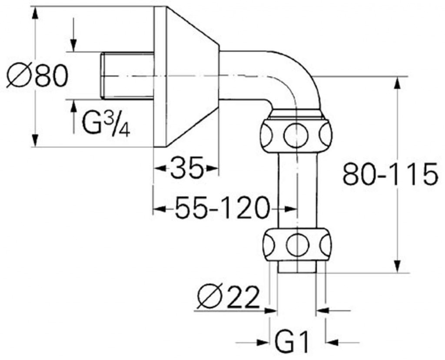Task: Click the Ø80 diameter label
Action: coord(37,76)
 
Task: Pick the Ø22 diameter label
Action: coord(228,297)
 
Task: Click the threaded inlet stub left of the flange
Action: coord(127,76)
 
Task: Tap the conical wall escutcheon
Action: coord(186,76)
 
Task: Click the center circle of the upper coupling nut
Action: coord(296,135)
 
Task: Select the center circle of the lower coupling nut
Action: coord(297,244)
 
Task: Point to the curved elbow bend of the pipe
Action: coord(296,78)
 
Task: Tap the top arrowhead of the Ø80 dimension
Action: coord(35,13)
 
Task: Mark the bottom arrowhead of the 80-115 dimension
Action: coord(398,266)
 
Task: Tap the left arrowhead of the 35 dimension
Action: coord(159,168)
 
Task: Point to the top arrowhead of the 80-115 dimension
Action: coord(398,83)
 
